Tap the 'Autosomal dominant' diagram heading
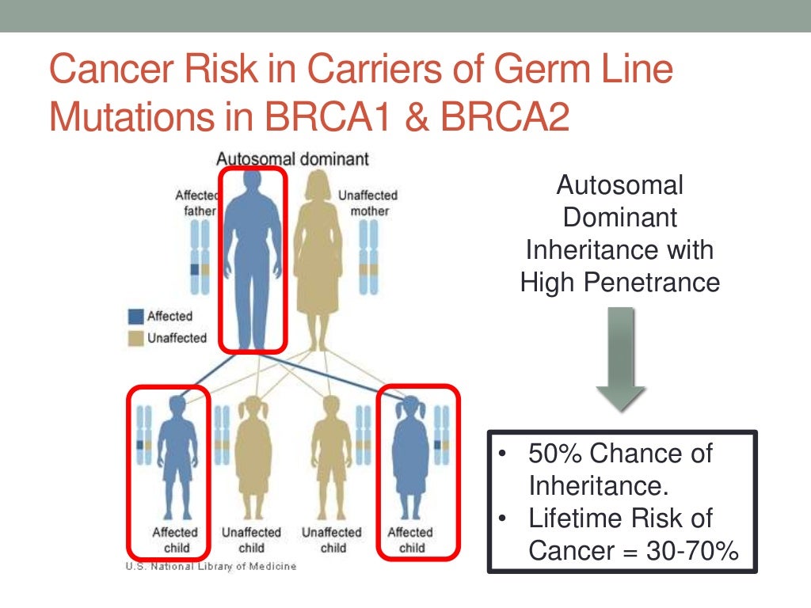[x=293, y=159]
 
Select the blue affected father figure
[x=252, y=253]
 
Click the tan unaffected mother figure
[x=321, y=253]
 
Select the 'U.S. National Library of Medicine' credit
[x=210, y=566]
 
